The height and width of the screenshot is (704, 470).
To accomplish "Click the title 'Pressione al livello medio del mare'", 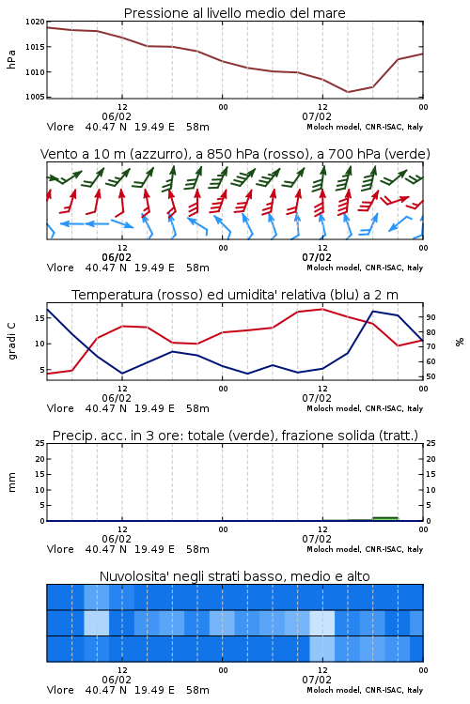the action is click(234, 13).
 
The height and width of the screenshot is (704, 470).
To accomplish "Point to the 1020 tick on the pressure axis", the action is click(35, 22).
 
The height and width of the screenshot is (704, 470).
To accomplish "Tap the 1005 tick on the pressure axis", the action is click(35, 97).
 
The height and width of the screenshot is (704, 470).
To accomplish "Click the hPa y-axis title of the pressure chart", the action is click(11, 59).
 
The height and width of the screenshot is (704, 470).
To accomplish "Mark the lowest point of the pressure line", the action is click(347, 92).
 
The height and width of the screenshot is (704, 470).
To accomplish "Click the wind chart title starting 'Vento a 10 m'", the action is click(235, 154).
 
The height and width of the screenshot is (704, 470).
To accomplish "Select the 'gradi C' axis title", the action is click(11, 342).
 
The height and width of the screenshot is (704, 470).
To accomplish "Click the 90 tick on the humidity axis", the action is click(431, 317).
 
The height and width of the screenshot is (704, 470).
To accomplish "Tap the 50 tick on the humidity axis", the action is click(431, 376).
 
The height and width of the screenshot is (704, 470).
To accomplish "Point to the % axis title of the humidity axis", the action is click(460, 342).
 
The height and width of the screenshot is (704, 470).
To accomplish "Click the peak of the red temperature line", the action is click(322, 309).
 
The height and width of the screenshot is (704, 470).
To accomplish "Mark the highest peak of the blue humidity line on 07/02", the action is click(373, 311).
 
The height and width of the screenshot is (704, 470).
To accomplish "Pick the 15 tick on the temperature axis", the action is click(39, 318).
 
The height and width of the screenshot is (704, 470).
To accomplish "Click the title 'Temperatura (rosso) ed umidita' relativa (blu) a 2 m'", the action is click(235, 295).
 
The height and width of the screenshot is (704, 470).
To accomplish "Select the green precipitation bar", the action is click(385, 518).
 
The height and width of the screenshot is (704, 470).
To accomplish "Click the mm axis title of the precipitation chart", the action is click(11, 482).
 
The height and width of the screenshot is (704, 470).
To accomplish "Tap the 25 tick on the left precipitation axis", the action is click(39, 443).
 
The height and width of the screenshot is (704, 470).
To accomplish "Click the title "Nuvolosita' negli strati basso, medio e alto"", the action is click(234, 576).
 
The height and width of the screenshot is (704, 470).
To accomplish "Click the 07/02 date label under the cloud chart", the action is click(317, 680).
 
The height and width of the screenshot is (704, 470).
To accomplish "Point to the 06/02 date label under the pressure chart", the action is click(117, 116).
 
